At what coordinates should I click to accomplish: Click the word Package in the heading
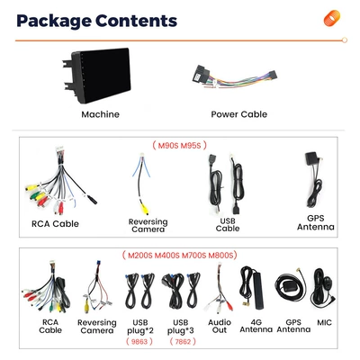[x=54, y=21]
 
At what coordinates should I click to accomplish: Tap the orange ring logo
[x=332, y=18]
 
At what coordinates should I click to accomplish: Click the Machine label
[x=100, y=114]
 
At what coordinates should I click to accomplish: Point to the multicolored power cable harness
[x=235, y=77]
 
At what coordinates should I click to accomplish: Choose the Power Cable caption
[x=238, y=114]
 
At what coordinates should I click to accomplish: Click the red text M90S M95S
[x=179, y=146]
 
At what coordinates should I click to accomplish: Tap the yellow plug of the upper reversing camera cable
[x=145, y=208]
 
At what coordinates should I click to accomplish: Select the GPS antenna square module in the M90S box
[x=311, y=158]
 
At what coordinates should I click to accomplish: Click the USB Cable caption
[x=228, y=225]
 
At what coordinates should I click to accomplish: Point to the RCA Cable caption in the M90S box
[x=55, y=224]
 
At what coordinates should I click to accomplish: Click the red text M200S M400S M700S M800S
[x=180, y=256]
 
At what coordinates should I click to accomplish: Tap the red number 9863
[x=139, y=341]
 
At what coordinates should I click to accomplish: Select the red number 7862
[x=183, y=341]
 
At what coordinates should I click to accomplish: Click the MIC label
[x=324, y=323]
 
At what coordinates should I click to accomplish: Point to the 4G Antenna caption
[x=256, y=326]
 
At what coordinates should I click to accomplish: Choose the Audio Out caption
[x=220, y=326]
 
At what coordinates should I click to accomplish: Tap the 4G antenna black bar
[x=258, y=291]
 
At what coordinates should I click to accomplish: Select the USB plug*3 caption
[x=181, y=327]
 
